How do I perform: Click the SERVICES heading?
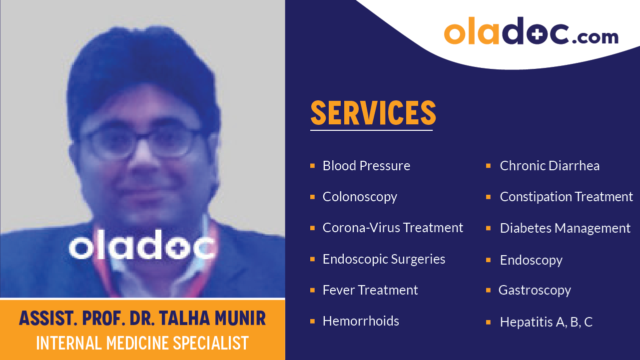click(x=373, y=113)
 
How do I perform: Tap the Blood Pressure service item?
click(x=366, y=166)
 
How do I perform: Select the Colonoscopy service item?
click(x=360, y=197)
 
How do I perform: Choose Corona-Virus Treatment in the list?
click(x=393, y=228)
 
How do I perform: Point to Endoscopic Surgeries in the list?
click(x=384, y=259)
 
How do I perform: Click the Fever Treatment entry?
click(x=370, y=290)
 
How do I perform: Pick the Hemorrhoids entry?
click(x=361, y=321)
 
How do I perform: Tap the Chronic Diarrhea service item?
click(x=550, y=166)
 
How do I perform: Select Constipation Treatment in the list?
click(x=566, y=197)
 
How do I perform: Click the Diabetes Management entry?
click(x=565, y=228)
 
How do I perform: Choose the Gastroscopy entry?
click(x=535, y=290)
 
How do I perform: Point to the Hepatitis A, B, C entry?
click(x=546, y=322)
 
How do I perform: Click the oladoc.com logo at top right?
click(x=531, y=32)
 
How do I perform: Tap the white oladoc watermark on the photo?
click(x=142, y=245)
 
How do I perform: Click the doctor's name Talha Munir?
click(x=142, y=319)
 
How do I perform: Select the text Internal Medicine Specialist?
click(x=142, y=343)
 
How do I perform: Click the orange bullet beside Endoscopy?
click(x=489, y=260)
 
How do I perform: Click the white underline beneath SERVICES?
click(x=371, y=130)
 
